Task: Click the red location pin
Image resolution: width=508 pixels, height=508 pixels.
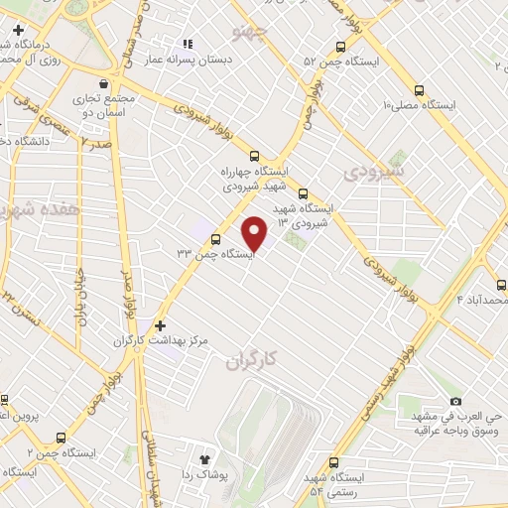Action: [256, 231]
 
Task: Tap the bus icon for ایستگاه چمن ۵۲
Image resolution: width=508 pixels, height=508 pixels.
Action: [341, 47]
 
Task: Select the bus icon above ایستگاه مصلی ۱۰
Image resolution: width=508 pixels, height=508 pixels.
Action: [419, 87]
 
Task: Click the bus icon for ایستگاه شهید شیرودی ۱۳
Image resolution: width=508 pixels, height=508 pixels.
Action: [304, 193]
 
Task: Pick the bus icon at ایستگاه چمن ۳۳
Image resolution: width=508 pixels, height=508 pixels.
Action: [215, 237]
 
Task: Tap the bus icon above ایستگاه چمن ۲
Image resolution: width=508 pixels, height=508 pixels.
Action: [62, 438]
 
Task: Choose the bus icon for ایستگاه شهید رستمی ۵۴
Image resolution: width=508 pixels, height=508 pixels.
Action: [332, 462]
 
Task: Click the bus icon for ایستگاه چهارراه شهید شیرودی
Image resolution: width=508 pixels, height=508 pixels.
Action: [255, 155]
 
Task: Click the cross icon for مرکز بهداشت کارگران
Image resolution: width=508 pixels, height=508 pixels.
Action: [161, 325]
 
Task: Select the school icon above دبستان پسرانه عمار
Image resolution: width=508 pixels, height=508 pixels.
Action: [187, 44]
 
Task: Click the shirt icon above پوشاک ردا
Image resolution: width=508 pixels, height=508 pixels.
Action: [205, 460]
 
